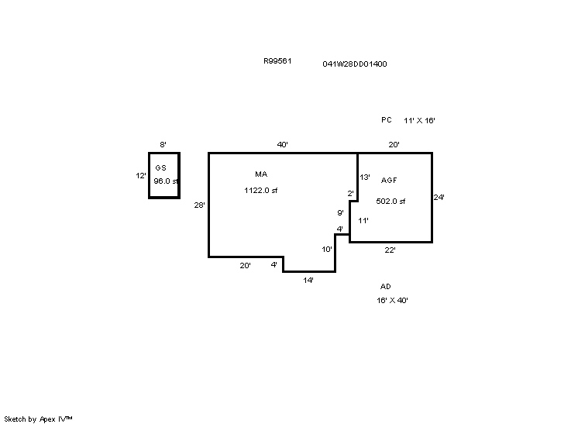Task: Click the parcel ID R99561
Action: (277, 60)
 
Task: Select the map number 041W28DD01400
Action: (355, 64)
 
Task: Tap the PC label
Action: (387, 120)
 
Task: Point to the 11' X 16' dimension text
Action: (419, 121)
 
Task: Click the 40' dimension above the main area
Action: (282, 144)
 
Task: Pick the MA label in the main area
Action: (261, 174)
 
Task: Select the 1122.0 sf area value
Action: (260, 190)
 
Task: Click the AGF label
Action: (389, 181)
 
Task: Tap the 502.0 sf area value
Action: (390, 202)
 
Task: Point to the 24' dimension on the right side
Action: (439, 197)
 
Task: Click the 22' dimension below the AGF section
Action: (390, 250)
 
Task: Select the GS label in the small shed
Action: (160, 167)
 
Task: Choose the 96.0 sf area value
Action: (166, 181)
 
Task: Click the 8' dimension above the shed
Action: (163, 144)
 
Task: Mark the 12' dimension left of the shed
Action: (141, 175)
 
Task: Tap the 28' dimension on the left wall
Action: (199, 205)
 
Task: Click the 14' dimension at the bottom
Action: (308, 280)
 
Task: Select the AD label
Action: (386, 287)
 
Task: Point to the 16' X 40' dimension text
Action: (392, 301)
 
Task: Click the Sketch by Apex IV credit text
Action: (38, 419)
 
